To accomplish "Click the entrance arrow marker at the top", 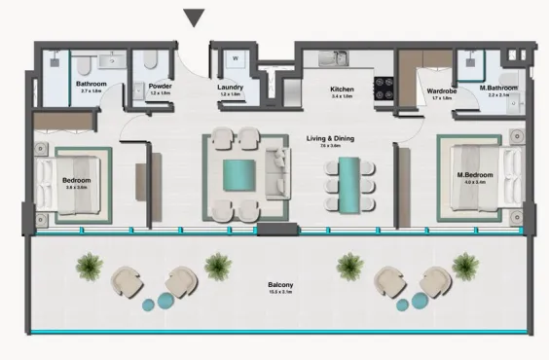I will click(x=196, y=18).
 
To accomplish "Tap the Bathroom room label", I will click(x=91, y=85).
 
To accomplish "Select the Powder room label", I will click(x=161, y=86).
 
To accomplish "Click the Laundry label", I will click(x=231, y=86).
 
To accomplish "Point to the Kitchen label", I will click(x=342, y=89).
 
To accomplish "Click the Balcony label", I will click(x=280, y=285).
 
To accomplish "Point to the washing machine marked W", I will click(x=235, y=57).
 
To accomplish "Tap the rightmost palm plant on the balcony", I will click(x=466, y=262).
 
